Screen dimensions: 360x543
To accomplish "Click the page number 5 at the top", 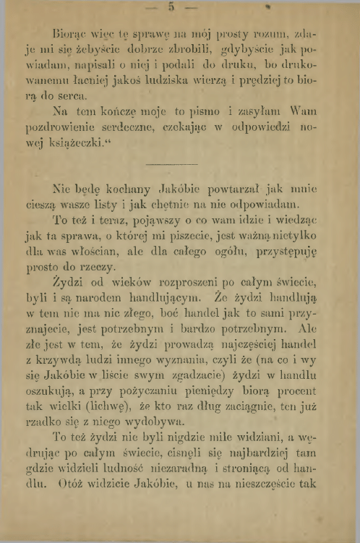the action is [171, 9].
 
